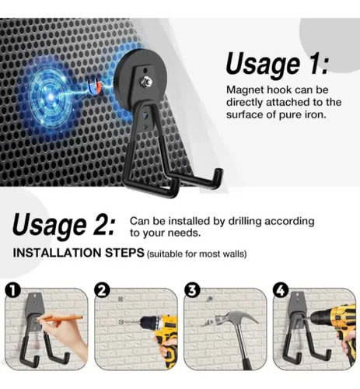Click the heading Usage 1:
point(278,65)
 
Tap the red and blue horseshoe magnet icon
point(94,87)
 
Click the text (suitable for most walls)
point(197,254)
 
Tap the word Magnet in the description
point(242,90)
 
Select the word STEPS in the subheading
point(124,253)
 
